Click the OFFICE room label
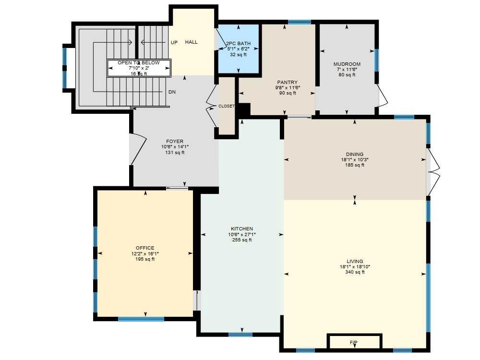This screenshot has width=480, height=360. (x=145, y=248)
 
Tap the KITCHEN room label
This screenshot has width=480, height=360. (x=242, y=229)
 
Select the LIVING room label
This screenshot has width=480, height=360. (x=355, y=262)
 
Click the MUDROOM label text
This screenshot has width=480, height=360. (x=347, y=64)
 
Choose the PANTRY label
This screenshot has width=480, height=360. (x=287, y=83)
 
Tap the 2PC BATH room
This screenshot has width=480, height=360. (x=239, y=48)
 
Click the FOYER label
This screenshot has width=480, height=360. (x=175, y=142)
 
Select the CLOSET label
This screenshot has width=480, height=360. (x=227, y=106)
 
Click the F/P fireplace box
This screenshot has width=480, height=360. (x=354, y=342)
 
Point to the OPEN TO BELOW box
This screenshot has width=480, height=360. (x=139, y=68)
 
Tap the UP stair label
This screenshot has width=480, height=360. (x=174, y=43)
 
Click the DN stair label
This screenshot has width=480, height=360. (x=171, y=92)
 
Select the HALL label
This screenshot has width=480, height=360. (x=192, y=42)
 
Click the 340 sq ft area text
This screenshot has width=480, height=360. (x=355, y=272)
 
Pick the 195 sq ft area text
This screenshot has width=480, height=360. (x=145, y=259)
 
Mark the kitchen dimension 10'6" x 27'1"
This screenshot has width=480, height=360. (x=242, y=235)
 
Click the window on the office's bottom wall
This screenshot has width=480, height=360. (x=141, y=319)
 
